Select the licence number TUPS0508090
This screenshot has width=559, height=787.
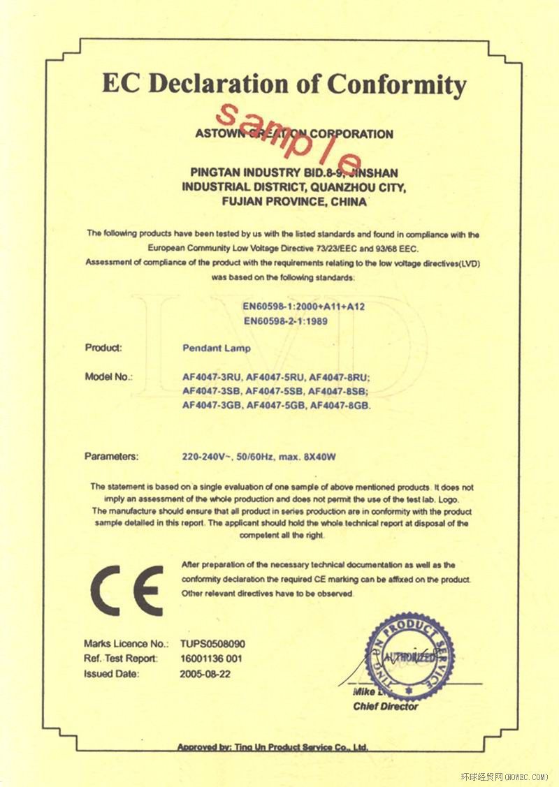point(212,644)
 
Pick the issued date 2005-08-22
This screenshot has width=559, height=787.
point(204,674)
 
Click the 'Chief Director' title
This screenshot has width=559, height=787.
point(386,706)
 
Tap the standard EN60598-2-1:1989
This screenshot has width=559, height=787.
point(285,321)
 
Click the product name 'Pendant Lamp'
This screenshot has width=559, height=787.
point(216,348)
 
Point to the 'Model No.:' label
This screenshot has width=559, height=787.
point(108,377)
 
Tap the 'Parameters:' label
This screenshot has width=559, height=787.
point(112,456)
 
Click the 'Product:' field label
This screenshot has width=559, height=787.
point(103,348)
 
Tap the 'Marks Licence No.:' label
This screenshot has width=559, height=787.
point(126,644)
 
